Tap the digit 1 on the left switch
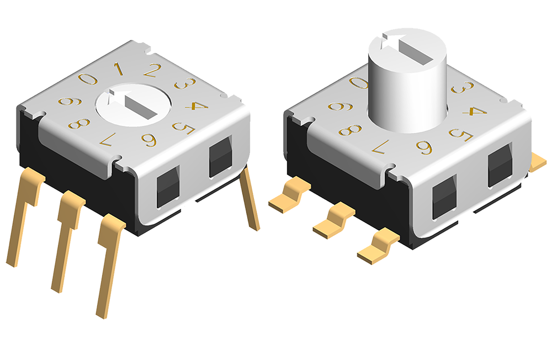pyautogui.click(x=118, y=68)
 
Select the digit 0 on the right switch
pyautogui.click(x=359, y=83)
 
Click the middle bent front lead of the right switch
pyautogui.click(x=335, y=218)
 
